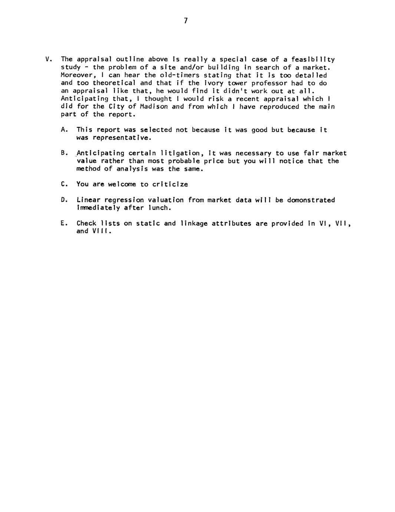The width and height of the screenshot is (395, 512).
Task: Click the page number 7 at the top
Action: pyautogui.click(x=185, y=21)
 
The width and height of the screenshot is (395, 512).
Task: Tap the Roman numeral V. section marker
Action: pyautogui.click(x=48, y=59)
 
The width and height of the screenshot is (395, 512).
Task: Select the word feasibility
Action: pyautogui.click(x=313, y=59)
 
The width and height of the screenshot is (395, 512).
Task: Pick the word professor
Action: pyautogui.click(x=269, y=83)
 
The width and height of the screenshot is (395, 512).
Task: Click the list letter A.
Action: pyautogui.click(x=63, y=130)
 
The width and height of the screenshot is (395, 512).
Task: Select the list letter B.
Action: pyautogui.click(x=63, y=153)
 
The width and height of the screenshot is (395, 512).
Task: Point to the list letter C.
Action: pyautogui.click(x=63, y=184)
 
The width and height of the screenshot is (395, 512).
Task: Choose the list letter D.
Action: pyautogui.click(x=63, y=200)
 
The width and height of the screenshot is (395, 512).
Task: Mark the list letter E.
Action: pyautogui.click(x=63, y=223)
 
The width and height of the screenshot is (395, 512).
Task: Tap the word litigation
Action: pyautogui.click(x=181, y=153)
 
